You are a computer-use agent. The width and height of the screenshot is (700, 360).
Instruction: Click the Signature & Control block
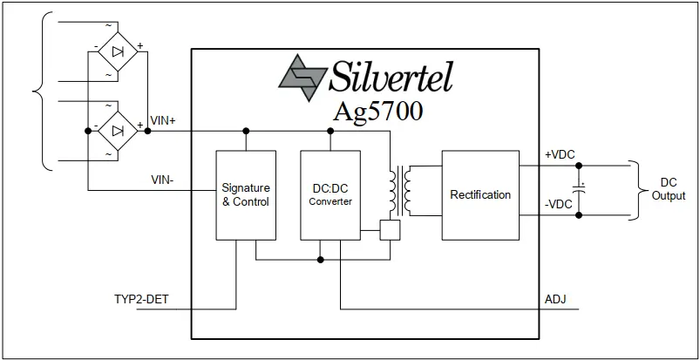click(x=246, y=195)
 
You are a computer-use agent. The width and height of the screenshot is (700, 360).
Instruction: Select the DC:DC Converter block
click(x=330, y=195)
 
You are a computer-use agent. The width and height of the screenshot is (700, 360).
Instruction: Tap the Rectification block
click(x=480, y=195)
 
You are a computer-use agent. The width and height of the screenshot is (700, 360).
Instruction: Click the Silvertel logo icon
click(x=302, y=78)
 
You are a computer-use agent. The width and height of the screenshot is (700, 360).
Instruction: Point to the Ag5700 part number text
click(x=377, y=112)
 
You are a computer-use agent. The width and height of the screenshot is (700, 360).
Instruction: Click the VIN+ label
click(x=163, y=120)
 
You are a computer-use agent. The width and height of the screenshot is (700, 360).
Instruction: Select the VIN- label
click(x=161, y=180)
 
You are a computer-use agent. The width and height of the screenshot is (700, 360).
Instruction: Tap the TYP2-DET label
click(x=141, y=299)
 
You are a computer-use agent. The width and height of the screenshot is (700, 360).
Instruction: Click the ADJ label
click(x=555, y=299)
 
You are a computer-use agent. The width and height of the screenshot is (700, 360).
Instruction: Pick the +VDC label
click(x=560, y=154)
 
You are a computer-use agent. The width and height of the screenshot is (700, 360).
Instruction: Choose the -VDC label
click(x=559, y=205)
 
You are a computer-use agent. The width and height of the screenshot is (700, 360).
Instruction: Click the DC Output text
click(x=669, y=189)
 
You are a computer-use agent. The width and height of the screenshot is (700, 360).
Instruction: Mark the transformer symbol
click(x=400, y=191)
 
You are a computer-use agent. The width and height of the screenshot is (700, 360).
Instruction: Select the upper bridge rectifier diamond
click(x=118, y=51)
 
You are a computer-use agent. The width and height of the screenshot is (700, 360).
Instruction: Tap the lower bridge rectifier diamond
click(x=118, y=131)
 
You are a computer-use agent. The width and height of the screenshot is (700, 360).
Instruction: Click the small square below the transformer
click(x=390, y=230)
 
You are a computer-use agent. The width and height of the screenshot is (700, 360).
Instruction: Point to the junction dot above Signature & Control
click(x=246, y=131)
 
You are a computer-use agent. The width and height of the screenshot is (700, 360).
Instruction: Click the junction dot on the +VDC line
click(x=579, y=166)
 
